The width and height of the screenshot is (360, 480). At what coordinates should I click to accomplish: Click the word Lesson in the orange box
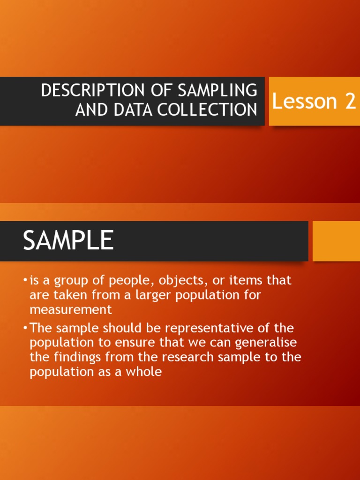[305, 102]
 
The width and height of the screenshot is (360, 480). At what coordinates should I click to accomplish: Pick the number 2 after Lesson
[350, 102]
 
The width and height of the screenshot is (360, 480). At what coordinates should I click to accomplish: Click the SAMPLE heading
[68, 241]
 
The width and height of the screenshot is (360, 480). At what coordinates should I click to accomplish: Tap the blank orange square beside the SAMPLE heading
[336, 241]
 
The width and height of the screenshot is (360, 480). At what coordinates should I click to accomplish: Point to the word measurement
[71, 310]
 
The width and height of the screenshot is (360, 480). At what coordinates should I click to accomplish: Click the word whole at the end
[145, 372]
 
